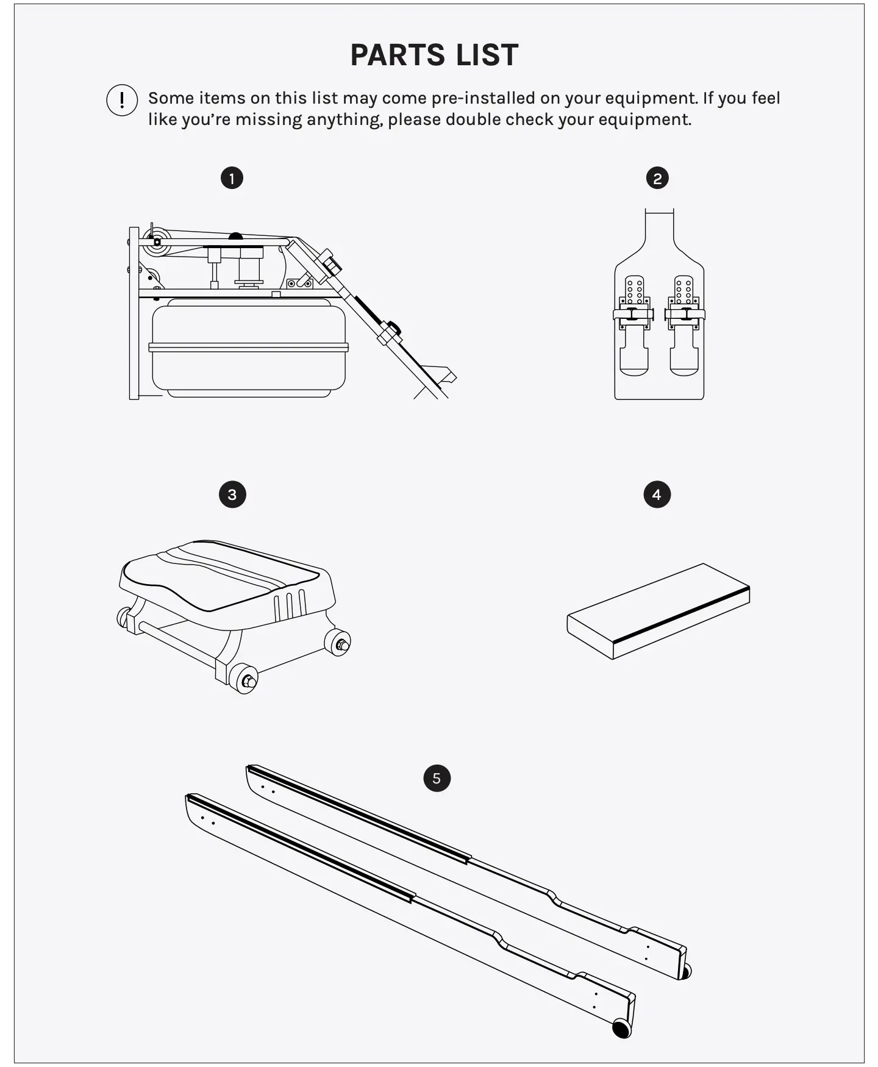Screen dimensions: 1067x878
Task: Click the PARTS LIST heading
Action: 434,55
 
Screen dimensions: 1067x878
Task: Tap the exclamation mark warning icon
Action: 122,100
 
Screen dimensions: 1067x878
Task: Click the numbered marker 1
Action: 232,179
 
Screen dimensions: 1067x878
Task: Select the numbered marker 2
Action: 657,179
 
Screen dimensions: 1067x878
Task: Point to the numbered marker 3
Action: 232,494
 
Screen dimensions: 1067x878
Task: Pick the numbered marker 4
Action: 657,494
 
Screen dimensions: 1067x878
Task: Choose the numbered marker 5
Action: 437,779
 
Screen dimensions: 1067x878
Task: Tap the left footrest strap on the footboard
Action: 633,315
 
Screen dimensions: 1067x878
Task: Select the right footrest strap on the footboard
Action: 684,315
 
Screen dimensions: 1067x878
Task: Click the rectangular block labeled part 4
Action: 659,612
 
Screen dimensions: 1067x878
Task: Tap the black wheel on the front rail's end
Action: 621,1029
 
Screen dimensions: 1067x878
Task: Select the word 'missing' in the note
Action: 268,120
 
